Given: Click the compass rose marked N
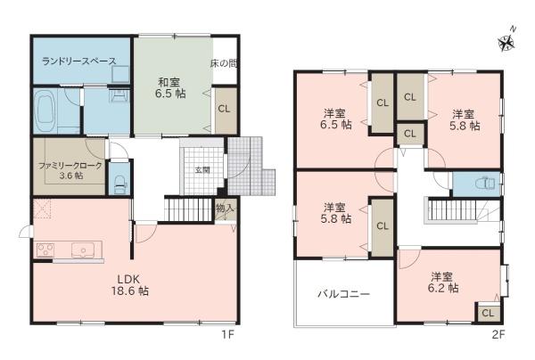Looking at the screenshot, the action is [506, 43].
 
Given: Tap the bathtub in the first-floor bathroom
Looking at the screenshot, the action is [45, 111].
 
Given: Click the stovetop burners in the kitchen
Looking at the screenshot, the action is [45, 250].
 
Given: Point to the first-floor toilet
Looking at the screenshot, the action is [120, 184].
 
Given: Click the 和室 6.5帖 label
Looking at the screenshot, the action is [170, 88].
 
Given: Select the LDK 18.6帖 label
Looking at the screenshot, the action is [129, 285].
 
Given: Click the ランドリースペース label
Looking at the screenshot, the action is [79, 61].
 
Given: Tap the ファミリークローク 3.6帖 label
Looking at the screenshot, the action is [70, 170].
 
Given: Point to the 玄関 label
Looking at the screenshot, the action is [202, 170].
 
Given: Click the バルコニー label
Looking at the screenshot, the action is [343, 294].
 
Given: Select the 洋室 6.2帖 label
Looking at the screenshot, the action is [443, 282].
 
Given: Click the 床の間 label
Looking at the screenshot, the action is [224, 63].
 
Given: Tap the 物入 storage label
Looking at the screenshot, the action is [226, 208].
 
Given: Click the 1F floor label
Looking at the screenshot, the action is [228, 335].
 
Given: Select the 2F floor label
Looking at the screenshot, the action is [498, 335].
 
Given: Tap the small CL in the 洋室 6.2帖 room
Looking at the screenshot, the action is [488, 313].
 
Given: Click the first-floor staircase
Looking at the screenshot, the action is [189, 209].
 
